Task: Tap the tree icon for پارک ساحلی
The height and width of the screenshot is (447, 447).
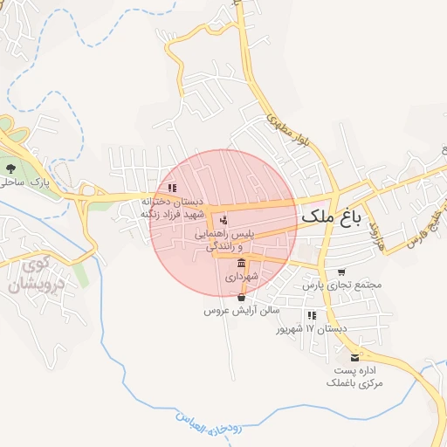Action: (10, 168)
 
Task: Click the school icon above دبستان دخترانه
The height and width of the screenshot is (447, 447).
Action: (172, 187)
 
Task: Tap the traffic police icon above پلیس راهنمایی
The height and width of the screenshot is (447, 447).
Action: (223, 219)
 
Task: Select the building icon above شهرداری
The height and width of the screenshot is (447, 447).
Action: (241, 263)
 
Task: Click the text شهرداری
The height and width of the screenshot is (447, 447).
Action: (241, 277)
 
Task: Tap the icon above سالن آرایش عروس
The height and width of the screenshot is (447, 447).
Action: (241, 297)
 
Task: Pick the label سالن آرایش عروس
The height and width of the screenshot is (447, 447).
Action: (241, 310)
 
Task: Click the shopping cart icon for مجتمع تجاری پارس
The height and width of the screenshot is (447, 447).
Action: (340, 272)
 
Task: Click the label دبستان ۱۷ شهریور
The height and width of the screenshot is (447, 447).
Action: (312, 329)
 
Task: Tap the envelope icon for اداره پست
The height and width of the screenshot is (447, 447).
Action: (354, 357)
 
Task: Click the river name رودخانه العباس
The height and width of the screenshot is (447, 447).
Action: (214, 427)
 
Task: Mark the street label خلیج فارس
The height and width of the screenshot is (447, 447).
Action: (418, 232)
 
